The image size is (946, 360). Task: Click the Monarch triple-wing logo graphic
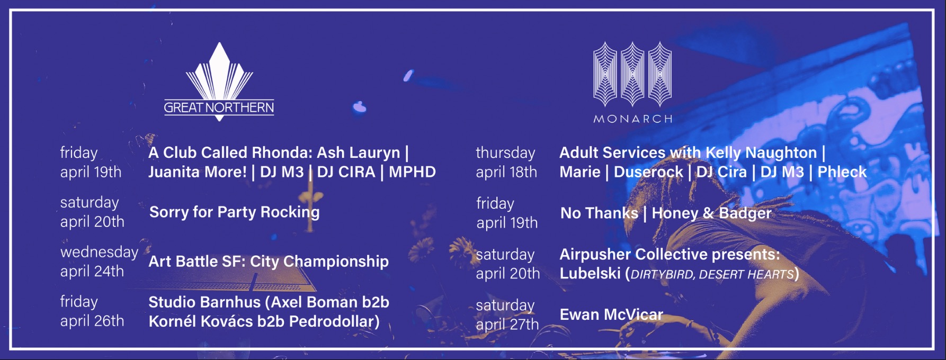pyautogui.click(x=632, y=74)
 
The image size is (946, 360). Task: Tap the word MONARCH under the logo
pyautogui.click(x=633, y=119)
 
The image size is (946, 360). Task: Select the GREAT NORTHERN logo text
pyautogui.click(x=219, y=107)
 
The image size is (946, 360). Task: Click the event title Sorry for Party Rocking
pyautogui.click(x=235, y=212)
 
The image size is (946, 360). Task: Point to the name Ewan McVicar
pyautogui.click(x=611, y=314)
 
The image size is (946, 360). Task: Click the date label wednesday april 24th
pyautogui.click(x=99, y=262)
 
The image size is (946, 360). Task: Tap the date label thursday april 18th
pyautogui.click(x=506, y=162)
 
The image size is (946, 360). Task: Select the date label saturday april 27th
pyautogui.click(x=507, y=314)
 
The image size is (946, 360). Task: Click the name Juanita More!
pyautogui.click(x=198, y=172)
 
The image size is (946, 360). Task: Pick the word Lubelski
pyautogui.click(x=590, y=274)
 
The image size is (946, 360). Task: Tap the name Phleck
pyautogui.click(x=842, y=172)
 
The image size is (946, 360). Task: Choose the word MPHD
pyautogui.click(x=412, y=172)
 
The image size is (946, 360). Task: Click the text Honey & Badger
pyautogui.click(x=711, y=213)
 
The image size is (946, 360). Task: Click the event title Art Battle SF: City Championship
pyautogui.click(x=269, y=262)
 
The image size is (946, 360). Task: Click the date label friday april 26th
pyautogui.click(x=92, y=311)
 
